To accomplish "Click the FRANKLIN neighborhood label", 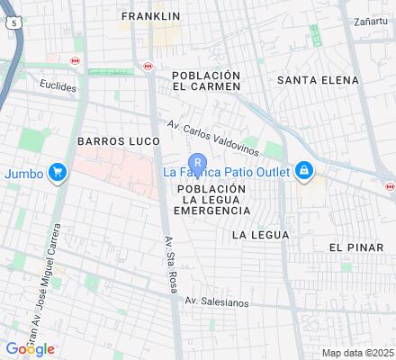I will point(150,16).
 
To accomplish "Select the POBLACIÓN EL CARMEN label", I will point(206,80).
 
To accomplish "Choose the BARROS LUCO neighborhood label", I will point(117,141).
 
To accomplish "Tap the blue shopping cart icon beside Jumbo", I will point(58,172).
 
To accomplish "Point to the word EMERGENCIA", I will point(212,210).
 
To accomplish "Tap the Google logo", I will point(30,348).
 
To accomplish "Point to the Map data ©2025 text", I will point(358,353).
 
